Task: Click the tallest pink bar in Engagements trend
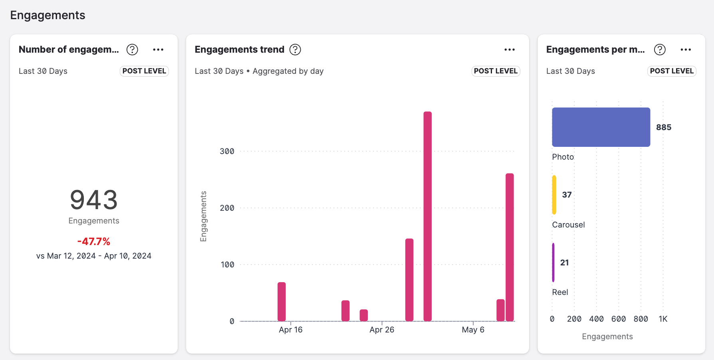[x=427, y=216]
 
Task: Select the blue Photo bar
[x=601, y=127]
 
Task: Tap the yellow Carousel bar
[x=554, y=195]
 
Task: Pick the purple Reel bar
[x=553, y=262]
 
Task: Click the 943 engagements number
[x=94, y=200]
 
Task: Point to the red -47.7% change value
[x=94, y=241]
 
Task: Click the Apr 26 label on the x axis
[x=382, y=330]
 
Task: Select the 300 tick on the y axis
[x=227, y=151]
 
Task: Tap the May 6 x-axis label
[x=473, y=330]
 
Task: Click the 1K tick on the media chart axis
[x=663, y=319]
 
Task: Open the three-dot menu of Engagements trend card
[x=510, y=49]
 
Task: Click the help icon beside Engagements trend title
[x=295, y=49]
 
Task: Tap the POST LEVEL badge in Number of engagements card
[x=144, y=71]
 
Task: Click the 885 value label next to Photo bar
[x=664, y=127]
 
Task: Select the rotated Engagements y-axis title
[x=203, y=216]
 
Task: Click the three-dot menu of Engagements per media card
[x=686, y=49]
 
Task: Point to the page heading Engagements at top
[x=48, y=15]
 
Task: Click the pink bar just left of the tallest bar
[x=409, y=279]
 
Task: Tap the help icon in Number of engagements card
[x=132, y=49]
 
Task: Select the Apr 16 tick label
[x=290, y=330]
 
